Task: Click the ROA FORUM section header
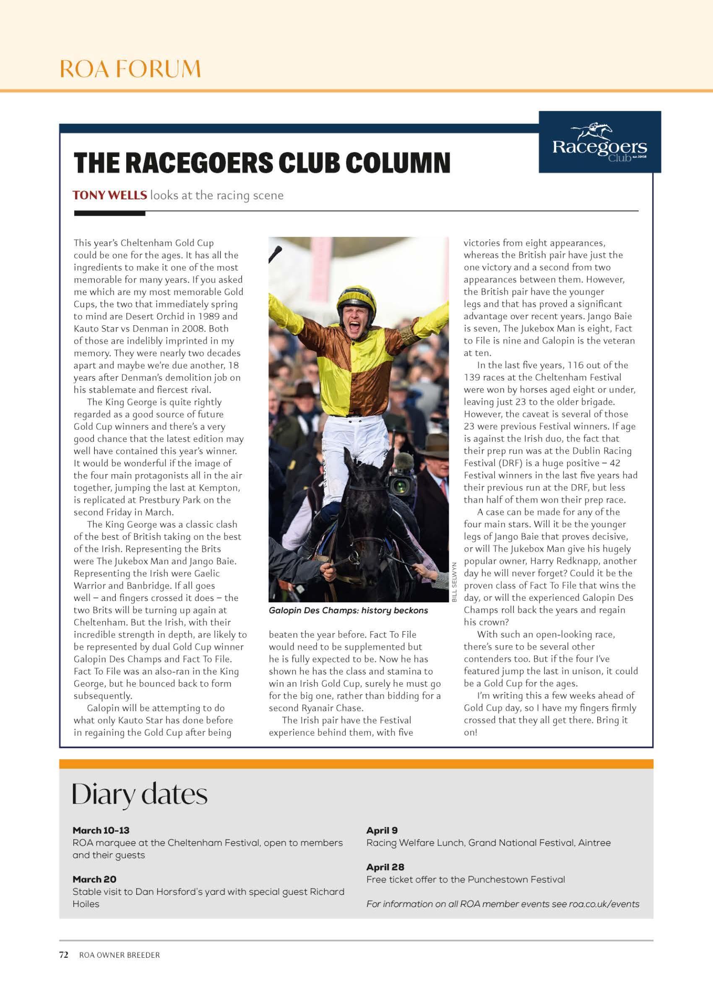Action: click(130, 69)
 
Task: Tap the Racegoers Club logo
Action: click(599, 142)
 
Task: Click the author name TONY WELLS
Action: click(110, 195)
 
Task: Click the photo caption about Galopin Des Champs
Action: click(348, 611)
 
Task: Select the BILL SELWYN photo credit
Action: click(454, 582)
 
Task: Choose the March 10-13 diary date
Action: click(101, 831)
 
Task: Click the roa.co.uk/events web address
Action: click(604, 904)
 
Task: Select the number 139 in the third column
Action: click(472, 377)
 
